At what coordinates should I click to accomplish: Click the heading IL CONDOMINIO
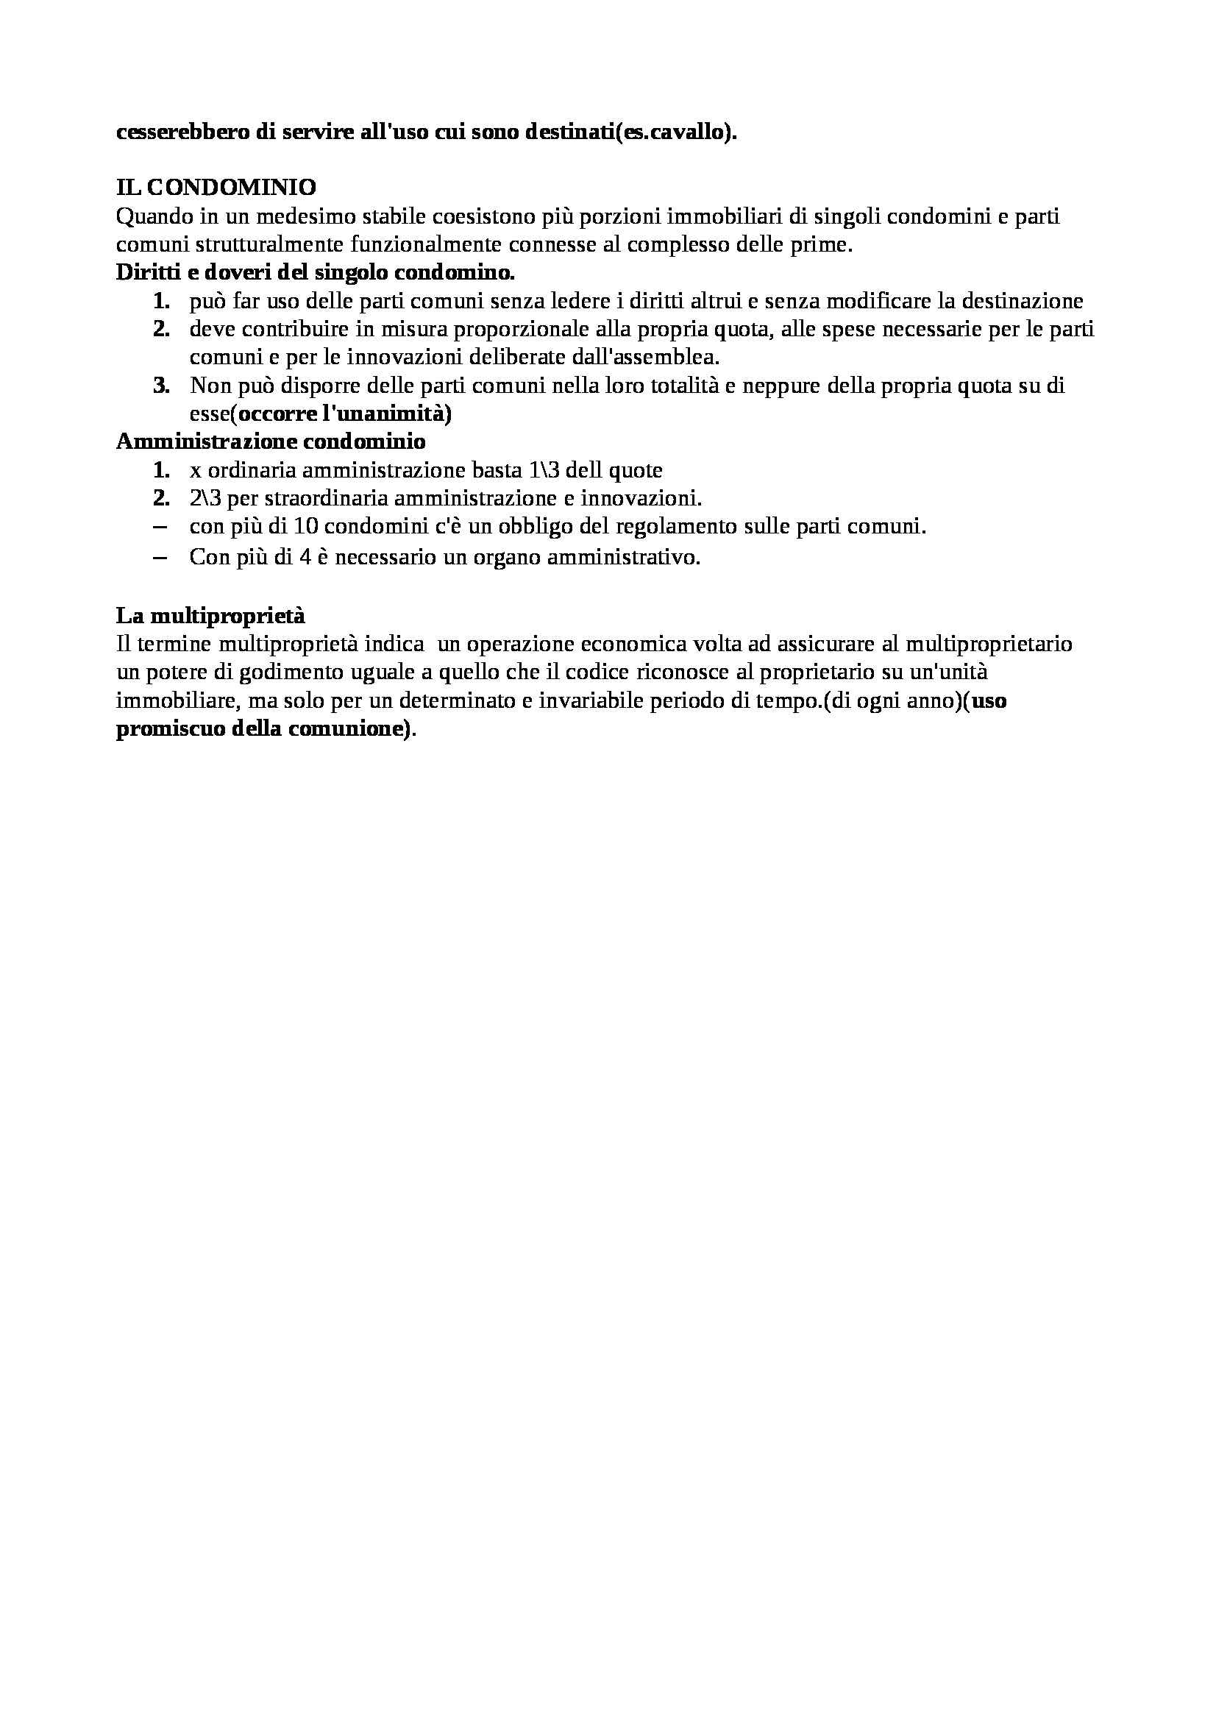216,187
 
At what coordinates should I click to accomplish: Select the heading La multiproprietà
210,615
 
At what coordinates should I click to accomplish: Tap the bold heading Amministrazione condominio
271,441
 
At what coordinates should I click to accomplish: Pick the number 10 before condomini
306,526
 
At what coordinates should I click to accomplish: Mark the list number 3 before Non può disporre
161,386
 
